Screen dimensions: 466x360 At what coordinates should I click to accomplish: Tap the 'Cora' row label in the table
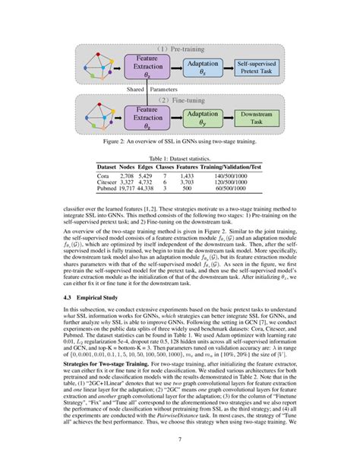[104, 175]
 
